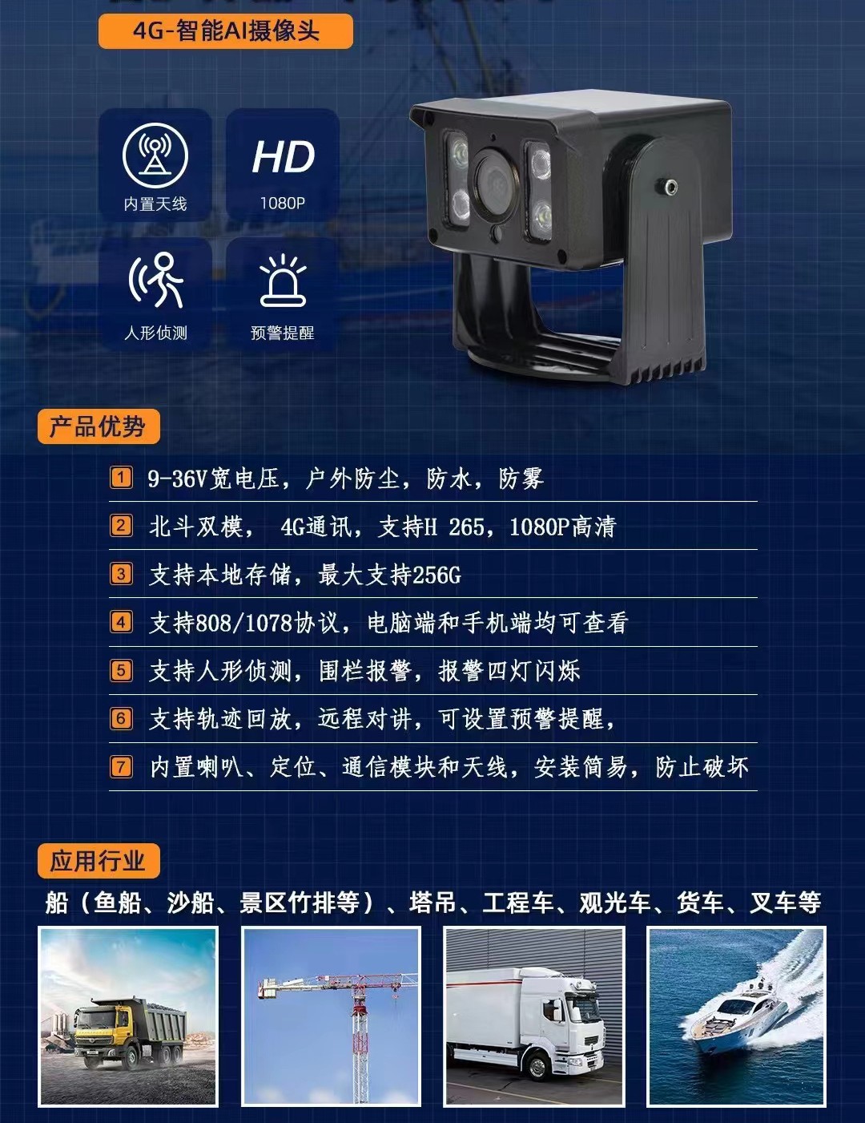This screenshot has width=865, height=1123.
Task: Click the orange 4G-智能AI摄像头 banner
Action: [225, 31]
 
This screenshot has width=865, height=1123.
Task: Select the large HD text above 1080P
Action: [283, 157]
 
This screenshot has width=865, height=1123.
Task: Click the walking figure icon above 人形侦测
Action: [156, 280]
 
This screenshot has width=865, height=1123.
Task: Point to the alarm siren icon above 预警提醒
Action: [283, 281]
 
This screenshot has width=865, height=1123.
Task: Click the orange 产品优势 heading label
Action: [98, 426]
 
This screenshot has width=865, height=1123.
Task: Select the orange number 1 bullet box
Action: [121, 478]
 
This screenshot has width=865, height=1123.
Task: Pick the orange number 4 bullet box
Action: [121, 622]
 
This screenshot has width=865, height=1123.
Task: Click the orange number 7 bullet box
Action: [121, 766]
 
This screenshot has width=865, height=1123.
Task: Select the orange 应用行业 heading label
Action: [98, 861]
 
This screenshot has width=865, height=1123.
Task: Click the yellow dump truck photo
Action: [128, 1016]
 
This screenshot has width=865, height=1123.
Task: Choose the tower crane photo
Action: [331, 1016]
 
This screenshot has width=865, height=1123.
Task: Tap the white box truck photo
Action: [533, 1016]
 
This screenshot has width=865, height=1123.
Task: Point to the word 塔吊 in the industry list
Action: [432, 903]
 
